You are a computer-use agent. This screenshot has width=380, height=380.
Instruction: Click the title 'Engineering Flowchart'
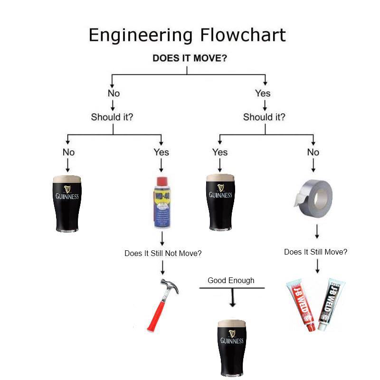pos(187,35)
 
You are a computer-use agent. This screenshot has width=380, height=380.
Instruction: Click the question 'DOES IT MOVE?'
pos(189,58)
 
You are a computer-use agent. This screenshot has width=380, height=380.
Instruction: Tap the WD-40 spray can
pos(162,202)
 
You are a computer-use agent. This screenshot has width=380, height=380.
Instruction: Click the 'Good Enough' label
pos(231,280)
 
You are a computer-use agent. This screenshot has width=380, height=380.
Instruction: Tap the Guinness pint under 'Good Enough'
pos(231,347)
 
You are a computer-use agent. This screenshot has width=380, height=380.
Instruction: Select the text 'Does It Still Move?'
pos(315,252)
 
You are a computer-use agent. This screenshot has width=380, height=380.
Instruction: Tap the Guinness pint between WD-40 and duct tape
pos(220,202)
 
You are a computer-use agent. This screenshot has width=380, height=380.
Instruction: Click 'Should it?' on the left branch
pos(112,117)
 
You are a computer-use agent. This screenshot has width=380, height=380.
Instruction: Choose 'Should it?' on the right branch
pos(264,117)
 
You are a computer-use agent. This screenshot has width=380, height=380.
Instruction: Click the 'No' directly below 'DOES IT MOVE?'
pos(114,93)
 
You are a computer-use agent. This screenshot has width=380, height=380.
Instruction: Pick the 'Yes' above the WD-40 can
pos(161,152)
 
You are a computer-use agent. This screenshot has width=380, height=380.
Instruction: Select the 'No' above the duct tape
pos(313,152)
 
